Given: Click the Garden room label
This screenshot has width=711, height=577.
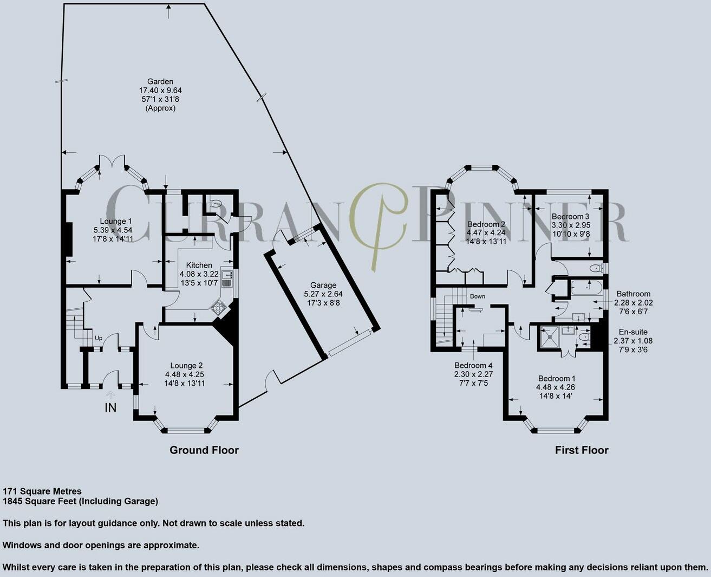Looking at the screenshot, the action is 160,81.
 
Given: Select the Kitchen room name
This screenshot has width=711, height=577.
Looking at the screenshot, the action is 199,265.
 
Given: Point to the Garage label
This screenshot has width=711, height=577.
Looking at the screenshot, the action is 323,285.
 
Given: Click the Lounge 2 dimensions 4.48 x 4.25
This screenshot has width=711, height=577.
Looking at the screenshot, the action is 185,374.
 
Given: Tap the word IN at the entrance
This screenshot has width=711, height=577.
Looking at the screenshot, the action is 110,408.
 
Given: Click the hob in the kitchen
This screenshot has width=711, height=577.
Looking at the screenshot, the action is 218,307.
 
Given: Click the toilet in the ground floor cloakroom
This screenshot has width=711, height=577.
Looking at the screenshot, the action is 217,202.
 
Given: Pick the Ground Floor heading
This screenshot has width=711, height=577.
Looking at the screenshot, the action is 204,450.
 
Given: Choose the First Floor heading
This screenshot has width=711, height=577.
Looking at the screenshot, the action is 582,450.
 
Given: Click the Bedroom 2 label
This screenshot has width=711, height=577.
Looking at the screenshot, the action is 486,224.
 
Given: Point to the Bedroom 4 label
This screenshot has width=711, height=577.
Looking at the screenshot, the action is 473,365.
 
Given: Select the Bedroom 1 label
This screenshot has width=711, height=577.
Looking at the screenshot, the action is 557,378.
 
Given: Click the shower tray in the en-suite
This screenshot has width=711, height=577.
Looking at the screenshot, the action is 649,337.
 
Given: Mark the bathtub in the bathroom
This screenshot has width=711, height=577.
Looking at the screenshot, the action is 587,288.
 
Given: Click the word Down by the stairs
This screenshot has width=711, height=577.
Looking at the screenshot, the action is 477,296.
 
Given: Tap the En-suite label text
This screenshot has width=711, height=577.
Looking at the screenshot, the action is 633,332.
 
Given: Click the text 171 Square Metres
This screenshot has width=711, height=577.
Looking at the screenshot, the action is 42,491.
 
